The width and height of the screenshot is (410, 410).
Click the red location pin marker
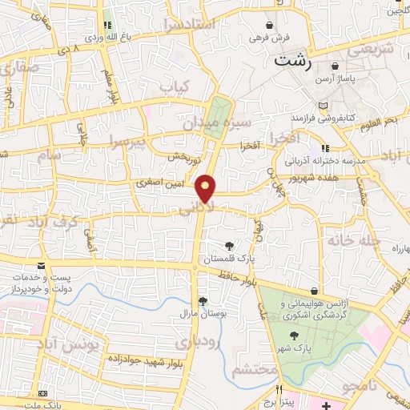[x=207, y=188]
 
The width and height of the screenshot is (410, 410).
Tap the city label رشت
[x=291, y=60]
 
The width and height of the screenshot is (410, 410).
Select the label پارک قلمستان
[x=230, y=260]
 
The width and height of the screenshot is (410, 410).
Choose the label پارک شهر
[x=295, y=349]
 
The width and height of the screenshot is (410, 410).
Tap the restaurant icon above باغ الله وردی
[x=107, y=25]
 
